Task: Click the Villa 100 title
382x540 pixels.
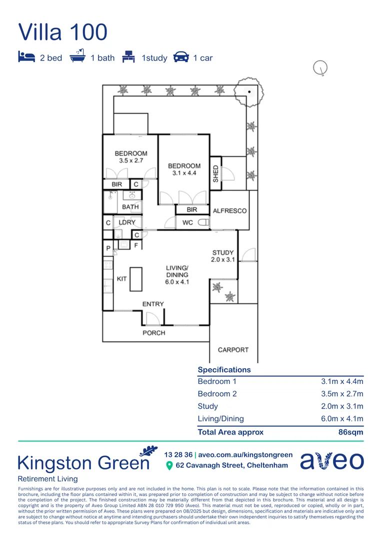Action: pos(63,32)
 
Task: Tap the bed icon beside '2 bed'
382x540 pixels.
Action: pos(26,57)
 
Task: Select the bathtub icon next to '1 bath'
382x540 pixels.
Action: pos(77,57)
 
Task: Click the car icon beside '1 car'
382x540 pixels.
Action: pos(180,57)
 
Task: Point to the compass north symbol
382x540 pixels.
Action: pos(320,67)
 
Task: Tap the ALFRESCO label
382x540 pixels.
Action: pos(229,210)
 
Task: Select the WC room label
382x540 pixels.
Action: pos(187,222)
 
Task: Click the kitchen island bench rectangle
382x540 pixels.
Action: pos(136,278)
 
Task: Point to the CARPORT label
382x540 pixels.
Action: pos(233,349)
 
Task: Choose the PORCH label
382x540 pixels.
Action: pos(153,332)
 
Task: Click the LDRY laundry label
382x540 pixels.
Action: pos(127,222)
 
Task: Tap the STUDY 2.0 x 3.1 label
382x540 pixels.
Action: pos(222,256)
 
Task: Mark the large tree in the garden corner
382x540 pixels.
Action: pos(247,91)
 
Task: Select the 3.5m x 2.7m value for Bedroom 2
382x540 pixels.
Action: pos(342,393)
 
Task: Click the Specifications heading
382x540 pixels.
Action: pos(224,369)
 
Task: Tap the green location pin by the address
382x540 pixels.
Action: pos(169,465)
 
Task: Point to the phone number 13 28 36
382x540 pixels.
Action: pos(178,454)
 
